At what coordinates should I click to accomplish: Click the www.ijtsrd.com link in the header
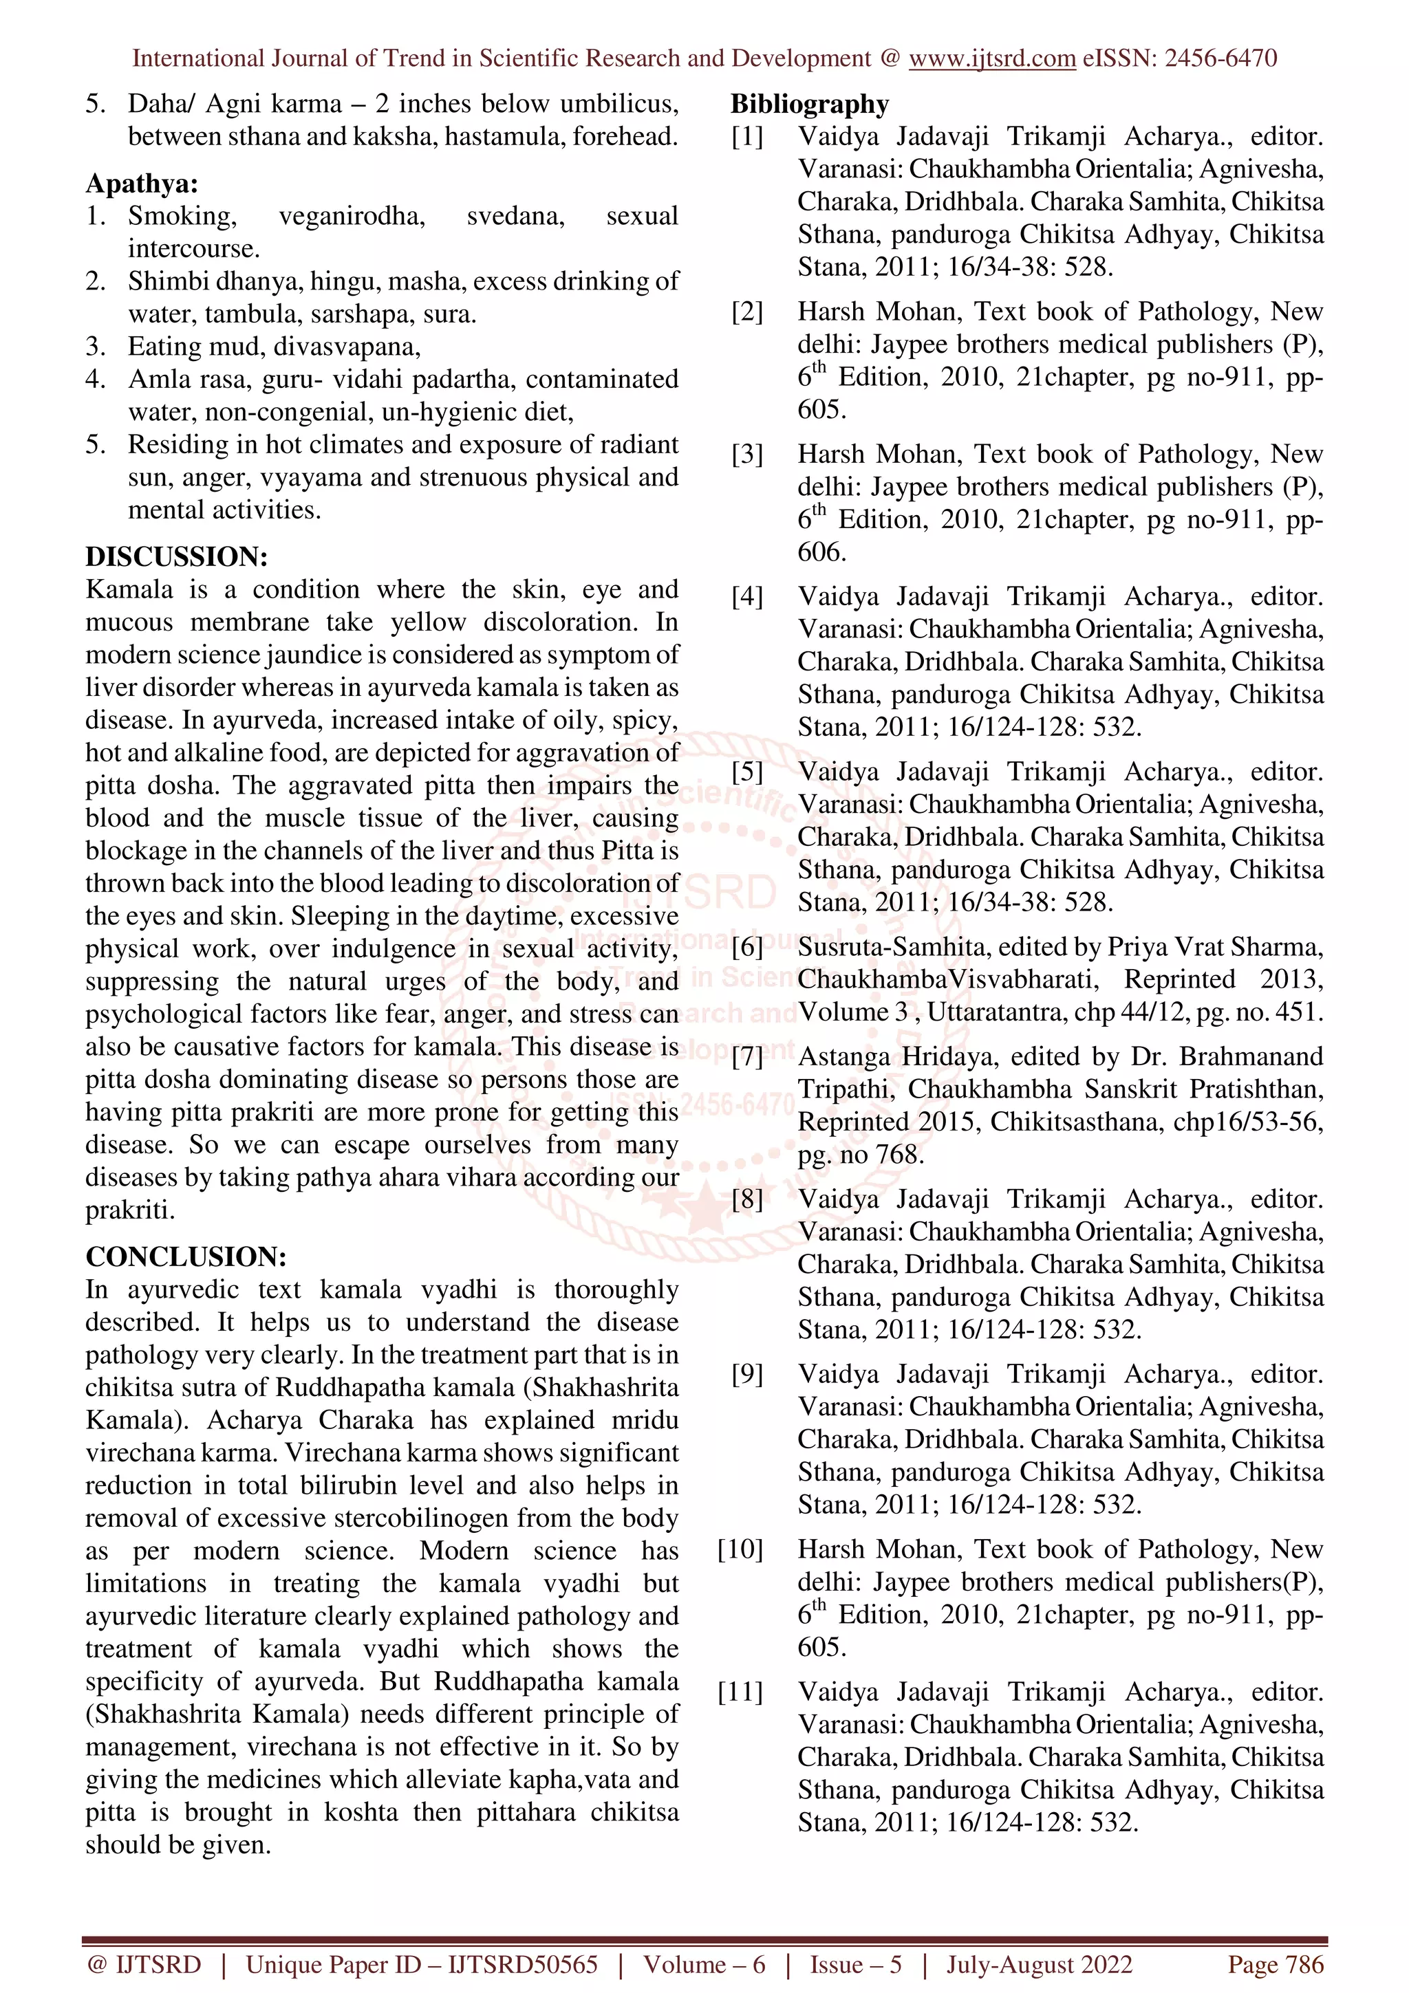[991, 58]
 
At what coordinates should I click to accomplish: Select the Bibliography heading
[809, 104]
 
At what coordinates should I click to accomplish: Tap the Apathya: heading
[142, 184]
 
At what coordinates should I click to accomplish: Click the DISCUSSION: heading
[176, 556]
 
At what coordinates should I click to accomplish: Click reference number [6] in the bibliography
[746, 947]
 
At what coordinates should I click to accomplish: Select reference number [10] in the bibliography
[740, 1549]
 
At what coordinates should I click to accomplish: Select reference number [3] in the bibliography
[746, 454]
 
